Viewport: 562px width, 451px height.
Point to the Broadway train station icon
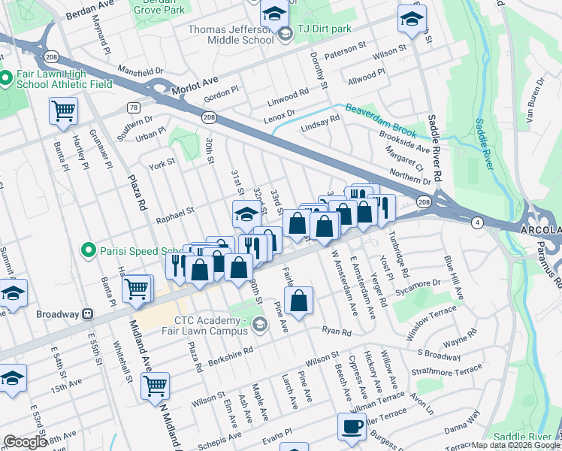coord(87,313)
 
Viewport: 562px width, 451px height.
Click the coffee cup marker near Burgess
coord(352,428)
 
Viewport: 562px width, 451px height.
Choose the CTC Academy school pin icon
coord(260,325)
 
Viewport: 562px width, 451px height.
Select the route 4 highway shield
coord(477,222)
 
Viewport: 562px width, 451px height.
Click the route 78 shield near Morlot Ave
coord(134,107)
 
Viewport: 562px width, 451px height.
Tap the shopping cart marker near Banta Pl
coord(63,111)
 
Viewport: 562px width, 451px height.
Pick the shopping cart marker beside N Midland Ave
coord(155,386)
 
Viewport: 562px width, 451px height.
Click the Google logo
coord(24,442)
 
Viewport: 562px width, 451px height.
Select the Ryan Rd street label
coord(336,331)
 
